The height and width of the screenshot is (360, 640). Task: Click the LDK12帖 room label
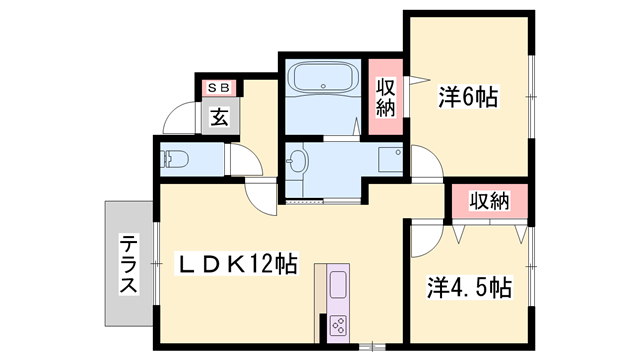pos(236,264)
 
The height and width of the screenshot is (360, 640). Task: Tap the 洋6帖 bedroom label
pos(468,97)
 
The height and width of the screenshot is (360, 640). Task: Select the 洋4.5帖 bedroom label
pos(469,287)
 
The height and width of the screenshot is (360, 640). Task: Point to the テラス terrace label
pos(128,264)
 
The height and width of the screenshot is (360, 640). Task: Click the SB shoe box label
pos(220,87)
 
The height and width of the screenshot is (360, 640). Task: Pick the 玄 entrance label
pos(219,118)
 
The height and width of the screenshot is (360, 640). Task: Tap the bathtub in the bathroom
pos(323,78)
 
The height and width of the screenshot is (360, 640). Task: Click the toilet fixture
pos(175,159)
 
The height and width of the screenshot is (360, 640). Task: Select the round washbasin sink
pos(297,161)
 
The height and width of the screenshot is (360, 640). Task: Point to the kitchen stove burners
pos(338,325)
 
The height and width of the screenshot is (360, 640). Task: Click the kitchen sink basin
pos(338,284)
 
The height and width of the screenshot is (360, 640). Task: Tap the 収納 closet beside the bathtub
pos(386,97)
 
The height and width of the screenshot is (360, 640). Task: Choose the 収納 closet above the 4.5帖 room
pos(489,201)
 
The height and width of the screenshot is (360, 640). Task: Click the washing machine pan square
pos(391,160)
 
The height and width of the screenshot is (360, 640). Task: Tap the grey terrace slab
pos(129,263)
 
